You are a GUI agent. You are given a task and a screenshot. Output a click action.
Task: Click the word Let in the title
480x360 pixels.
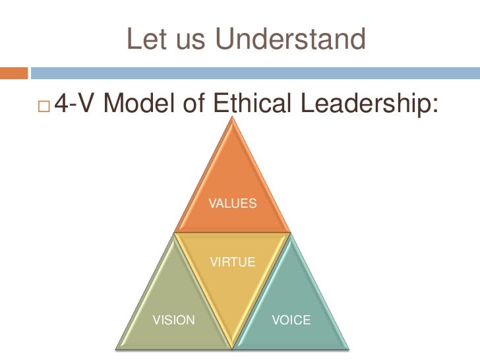point(144,40)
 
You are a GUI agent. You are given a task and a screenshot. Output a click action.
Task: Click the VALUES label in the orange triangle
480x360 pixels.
point(232,204)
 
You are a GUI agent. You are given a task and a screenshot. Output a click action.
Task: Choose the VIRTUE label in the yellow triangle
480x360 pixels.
point(232,262)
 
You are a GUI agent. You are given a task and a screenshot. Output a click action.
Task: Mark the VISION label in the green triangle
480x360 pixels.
point(174,320)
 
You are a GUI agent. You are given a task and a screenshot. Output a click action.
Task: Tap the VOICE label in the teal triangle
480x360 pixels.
point(291,320)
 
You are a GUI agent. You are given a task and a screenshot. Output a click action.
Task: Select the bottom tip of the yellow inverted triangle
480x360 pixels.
point(232,345)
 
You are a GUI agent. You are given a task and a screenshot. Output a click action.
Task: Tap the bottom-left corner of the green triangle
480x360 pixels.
point(118,346)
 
